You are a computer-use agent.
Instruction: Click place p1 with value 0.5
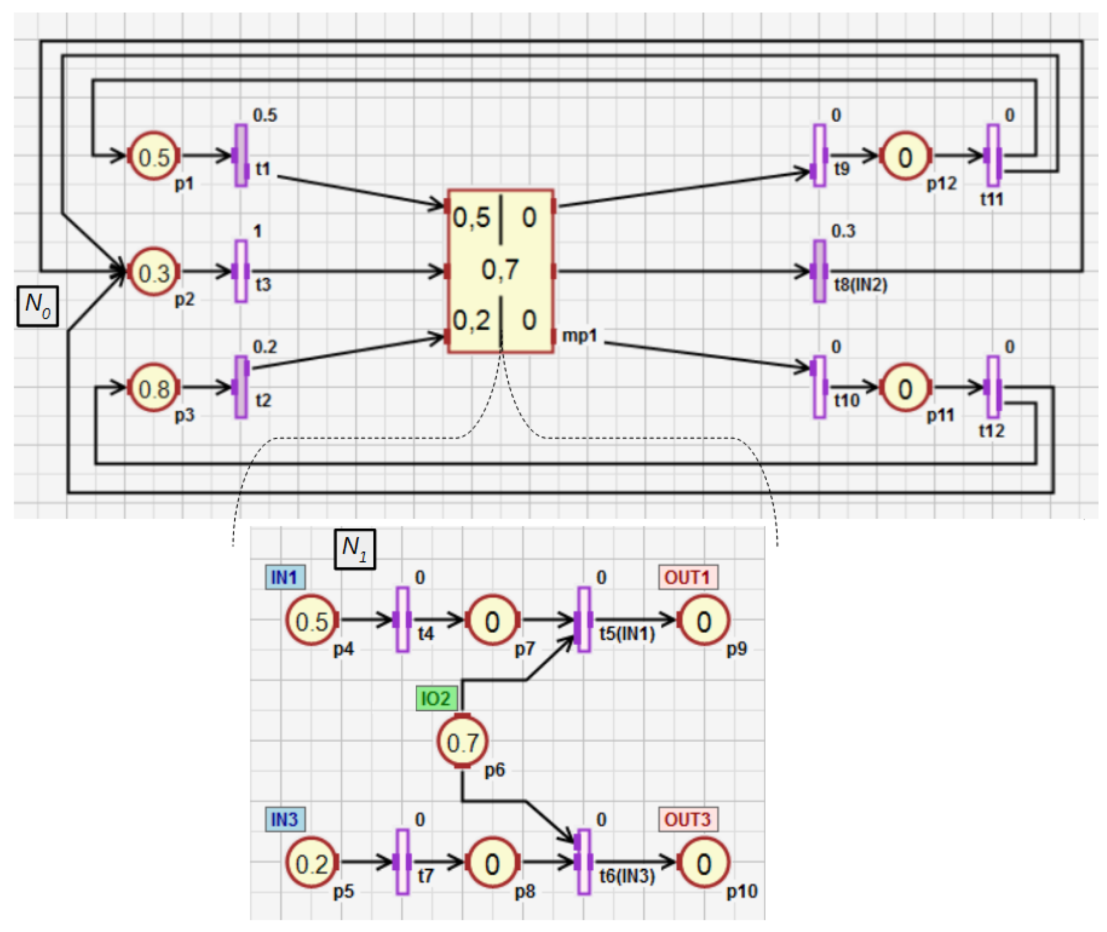154,157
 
